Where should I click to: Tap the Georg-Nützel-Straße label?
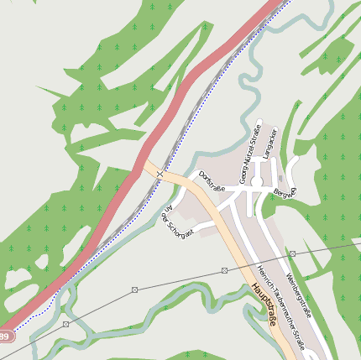pyautogui.click(x=249, y=154)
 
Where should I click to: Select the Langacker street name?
pyautogui.click(x=269, y=146)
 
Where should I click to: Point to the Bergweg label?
pyautogui.click(x=285, y=192)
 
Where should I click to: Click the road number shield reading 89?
pyautogui.click(x=4, y=337)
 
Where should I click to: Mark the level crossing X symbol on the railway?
pyautogui.click(x=160, y=174)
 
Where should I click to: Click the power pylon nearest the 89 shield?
pyautogui.click(x=65, y=323)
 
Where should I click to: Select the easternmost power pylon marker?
pyautogui.click(x=292, y=253)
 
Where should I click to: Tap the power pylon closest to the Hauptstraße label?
pyautogui.click(x=225, y=270)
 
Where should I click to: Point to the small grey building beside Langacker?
pyautogui.click(x=280, y=178)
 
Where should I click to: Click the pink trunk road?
pyautogui.click(x=201, y=67)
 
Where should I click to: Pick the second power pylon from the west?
pyautogui.click(x=134, y=290)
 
